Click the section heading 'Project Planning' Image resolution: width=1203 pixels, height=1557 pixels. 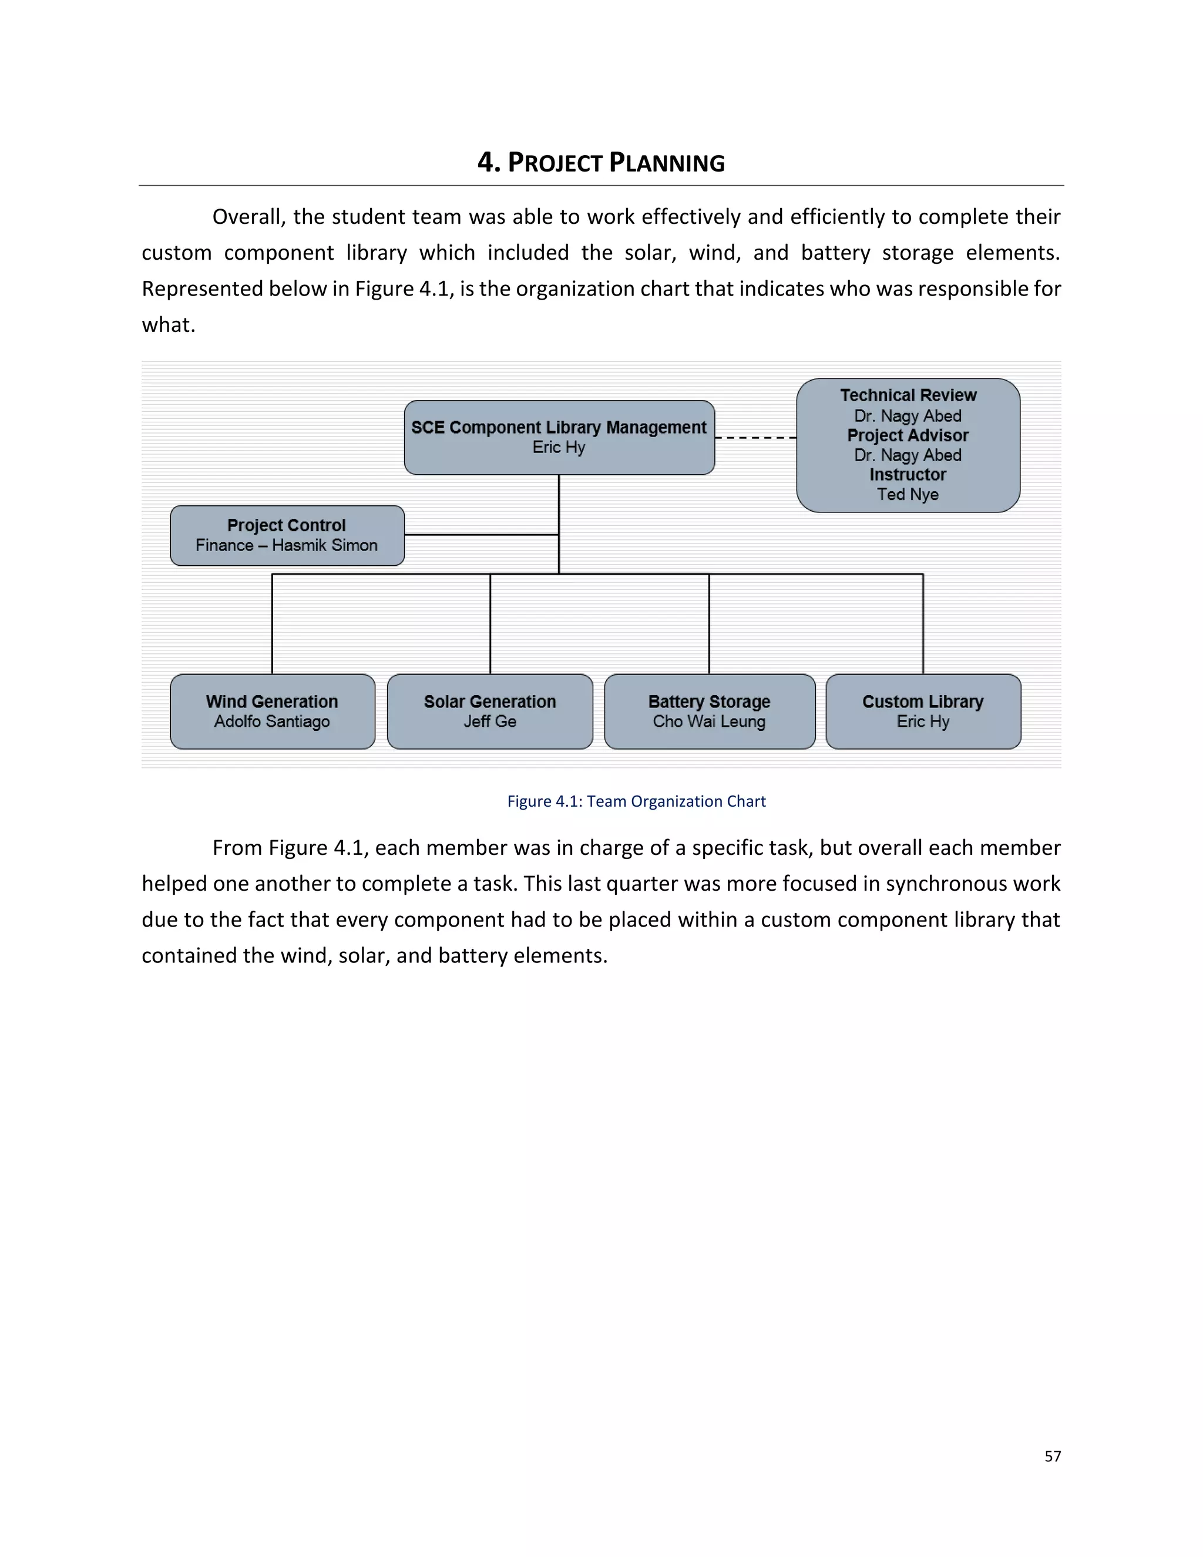point(601,163)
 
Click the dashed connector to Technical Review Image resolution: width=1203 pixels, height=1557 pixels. point(755,438)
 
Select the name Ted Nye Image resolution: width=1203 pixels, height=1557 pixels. point(907,494)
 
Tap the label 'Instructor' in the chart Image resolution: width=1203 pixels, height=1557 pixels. point(907,475)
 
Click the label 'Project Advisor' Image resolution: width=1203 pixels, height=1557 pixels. point(907,435)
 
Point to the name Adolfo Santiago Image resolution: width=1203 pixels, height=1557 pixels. point(272,722)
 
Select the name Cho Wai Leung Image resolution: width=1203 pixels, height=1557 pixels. point(709,722)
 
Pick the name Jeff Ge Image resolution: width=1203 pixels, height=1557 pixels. point(490,722)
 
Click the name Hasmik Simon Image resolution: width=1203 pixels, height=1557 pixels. point(324,545)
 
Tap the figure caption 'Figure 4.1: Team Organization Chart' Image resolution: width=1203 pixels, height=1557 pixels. point(636,801)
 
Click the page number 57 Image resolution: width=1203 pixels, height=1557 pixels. point(1052,1457)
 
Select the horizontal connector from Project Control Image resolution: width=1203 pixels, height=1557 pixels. point(481,535)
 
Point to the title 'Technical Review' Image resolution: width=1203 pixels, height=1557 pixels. point(907,395)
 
